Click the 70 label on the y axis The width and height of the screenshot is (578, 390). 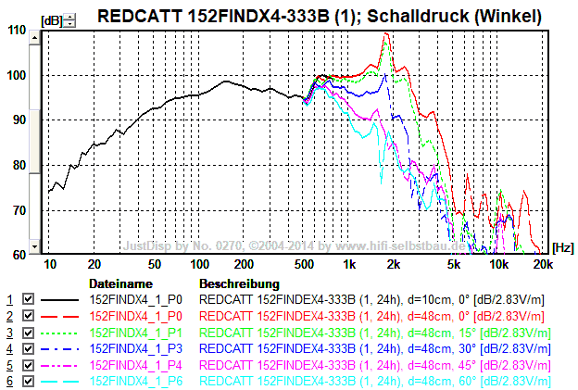18,210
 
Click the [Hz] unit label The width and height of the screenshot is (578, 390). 561,247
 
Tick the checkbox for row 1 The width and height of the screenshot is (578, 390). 28,300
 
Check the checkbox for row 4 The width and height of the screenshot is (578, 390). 28,349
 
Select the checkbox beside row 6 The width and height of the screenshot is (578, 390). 28,382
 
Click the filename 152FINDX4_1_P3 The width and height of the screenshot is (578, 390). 135,349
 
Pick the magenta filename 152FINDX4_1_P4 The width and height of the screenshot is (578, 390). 135,365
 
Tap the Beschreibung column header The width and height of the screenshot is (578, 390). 239,283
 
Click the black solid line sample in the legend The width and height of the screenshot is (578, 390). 61,300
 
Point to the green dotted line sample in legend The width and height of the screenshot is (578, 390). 61,333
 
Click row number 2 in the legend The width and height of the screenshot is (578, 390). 10,317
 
